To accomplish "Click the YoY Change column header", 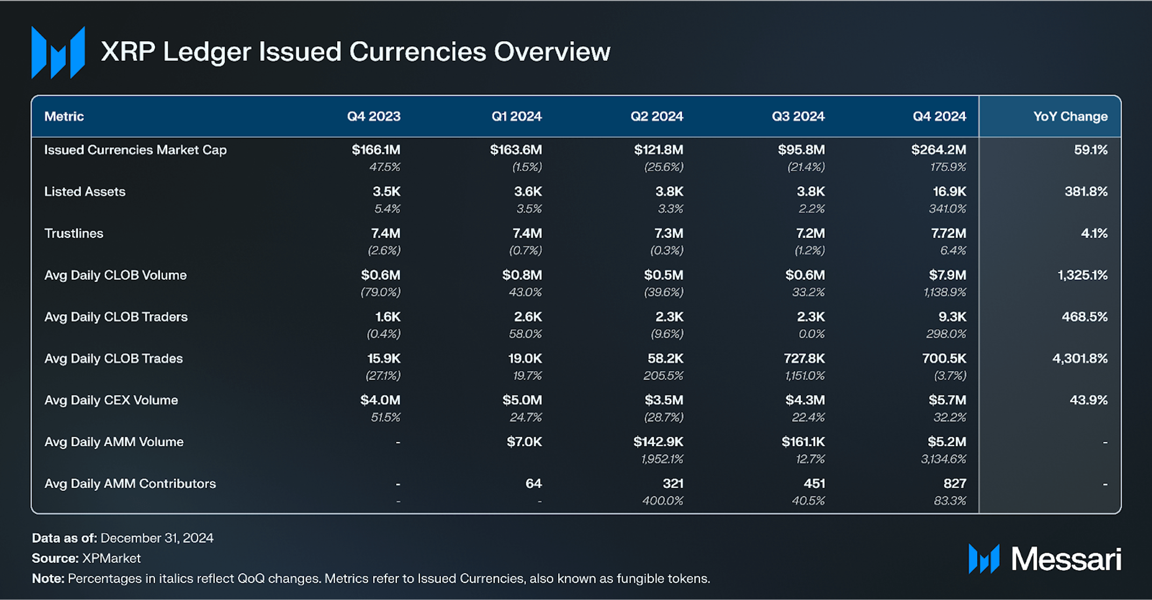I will (1070, 116).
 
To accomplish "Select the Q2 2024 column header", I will (656, 116).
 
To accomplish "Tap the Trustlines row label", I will (74, 233).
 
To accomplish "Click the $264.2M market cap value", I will (938, 150).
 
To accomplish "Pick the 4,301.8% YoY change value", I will (1079, 358).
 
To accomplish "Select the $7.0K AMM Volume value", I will (524, 442).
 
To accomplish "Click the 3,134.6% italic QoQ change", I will (943, 459).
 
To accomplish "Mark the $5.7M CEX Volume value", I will (947, 400).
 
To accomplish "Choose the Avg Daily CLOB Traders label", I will (116, 316).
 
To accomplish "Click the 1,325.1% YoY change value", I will (1082, 275).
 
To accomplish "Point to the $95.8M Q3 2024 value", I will (801, 150).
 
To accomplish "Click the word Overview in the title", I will (552, 52).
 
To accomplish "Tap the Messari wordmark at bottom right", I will (1065, 559).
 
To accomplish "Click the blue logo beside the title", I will (58, 53).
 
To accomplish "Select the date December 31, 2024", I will (157, 538).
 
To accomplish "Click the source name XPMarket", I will (111, 558).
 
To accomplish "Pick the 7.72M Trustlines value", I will (948, 233).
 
